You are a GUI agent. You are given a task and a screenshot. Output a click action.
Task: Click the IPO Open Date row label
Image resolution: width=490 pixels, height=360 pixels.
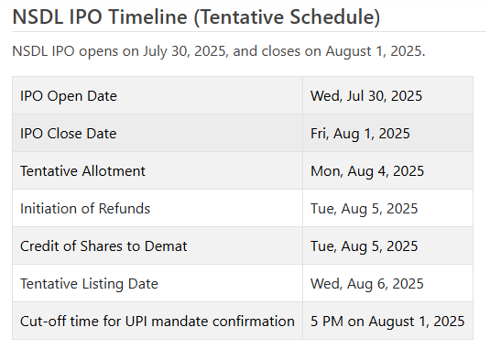pyautogui.click(x=69, y=96)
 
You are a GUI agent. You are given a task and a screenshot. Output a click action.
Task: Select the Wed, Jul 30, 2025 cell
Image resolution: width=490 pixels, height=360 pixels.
pyautogui.click(x=366, y=96)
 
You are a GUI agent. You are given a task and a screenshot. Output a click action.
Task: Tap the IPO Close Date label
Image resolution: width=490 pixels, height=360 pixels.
pyautogui.click(x=69, y=134)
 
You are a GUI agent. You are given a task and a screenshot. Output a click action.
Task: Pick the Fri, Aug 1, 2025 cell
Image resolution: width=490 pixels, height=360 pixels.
pyautogui.click(x=360, y=134)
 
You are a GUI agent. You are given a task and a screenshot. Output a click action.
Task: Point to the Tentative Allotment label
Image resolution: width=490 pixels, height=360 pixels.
pyautogui.click(x=82, y=171)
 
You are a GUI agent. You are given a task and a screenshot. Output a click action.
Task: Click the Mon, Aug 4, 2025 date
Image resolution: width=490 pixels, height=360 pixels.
pyautogui.click(x=367, y=171)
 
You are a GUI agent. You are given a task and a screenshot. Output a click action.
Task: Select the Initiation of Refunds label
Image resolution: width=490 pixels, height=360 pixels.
pyautogui.click(x=85, y=209)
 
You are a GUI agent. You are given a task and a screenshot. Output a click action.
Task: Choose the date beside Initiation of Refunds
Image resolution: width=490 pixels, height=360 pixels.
pyautogui.click(x=365, y=209)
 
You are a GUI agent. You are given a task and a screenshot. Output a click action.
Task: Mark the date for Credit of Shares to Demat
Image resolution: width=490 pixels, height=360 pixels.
pyautogui.click(x=365, y=246)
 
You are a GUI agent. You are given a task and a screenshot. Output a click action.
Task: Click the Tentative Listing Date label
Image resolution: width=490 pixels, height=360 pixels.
pyautogui.click(x=89, y=284)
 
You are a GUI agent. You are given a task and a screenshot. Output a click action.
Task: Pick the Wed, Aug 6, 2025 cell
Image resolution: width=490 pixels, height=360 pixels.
pyautogui.click(x=367, y=284)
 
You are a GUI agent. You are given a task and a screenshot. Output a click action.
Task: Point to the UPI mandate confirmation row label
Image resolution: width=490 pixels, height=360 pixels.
pyautogui.click(x=158, y=322)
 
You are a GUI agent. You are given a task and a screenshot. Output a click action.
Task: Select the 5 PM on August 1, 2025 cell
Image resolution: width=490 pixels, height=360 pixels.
pyautogui.click(x=387, y=322)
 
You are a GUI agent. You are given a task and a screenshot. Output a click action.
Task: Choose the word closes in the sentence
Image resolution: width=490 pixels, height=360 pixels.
pyautogui.click(x=276, y=50)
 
